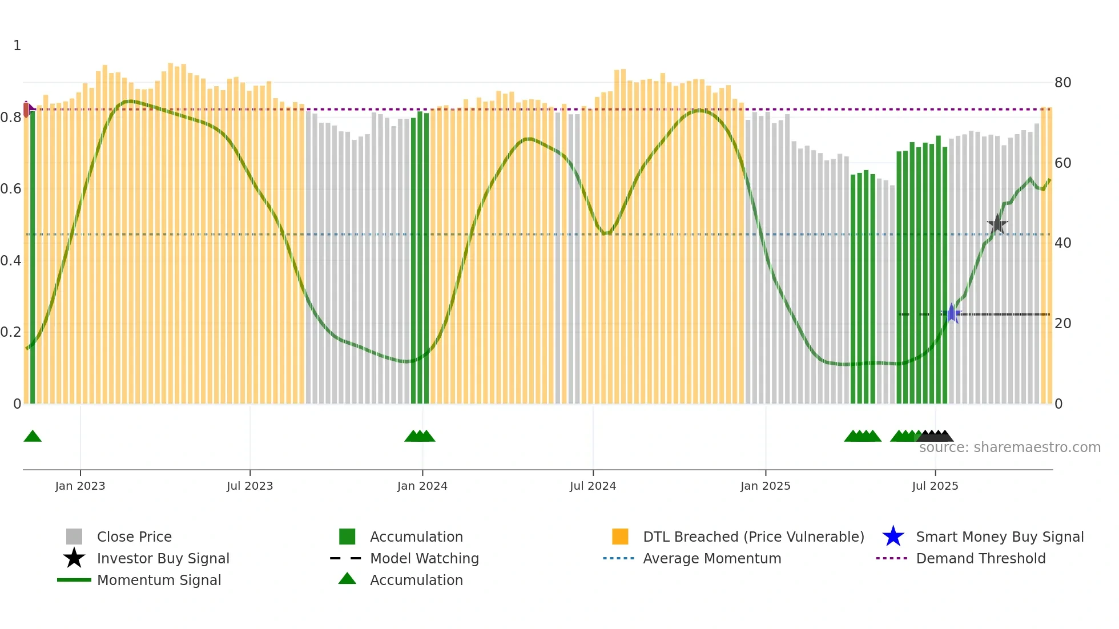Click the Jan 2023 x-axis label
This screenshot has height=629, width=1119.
pos(80,486)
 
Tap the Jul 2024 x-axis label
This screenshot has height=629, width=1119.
pos(593,486)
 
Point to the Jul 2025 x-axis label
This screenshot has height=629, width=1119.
pos(935,486)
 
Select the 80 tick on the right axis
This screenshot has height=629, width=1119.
pos(1062,83)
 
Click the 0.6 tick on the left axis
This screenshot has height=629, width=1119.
pos(10,189)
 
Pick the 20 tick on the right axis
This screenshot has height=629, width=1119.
pos(1062,324)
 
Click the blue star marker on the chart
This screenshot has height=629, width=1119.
pos(952,313)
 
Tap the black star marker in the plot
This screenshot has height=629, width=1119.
pos(997,224)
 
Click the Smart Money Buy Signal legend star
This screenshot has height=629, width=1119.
pos(893,537)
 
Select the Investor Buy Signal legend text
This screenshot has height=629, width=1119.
pos(163,558)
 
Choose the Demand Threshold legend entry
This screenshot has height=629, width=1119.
pos(980,558)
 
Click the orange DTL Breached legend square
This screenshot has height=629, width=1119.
pos(620,537)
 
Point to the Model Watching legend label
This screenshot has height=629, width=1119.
pos(424,558)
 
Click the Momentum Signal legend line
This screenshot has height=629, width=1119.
pos(74,580)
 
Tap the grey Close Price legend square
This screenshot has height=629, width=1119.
pos(74,537)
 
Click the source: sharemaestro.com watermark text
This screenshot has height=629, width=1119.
pos(1009,447)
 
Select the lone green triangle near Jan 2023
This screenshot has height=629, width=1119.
pos(33,436)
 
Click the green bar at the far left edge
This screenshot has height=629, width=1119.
pos(33,257)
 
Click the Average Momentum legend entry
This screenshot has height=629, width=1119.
pos(711,558)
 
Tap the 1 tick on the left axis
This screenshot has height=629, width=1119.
pos(17,46)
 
